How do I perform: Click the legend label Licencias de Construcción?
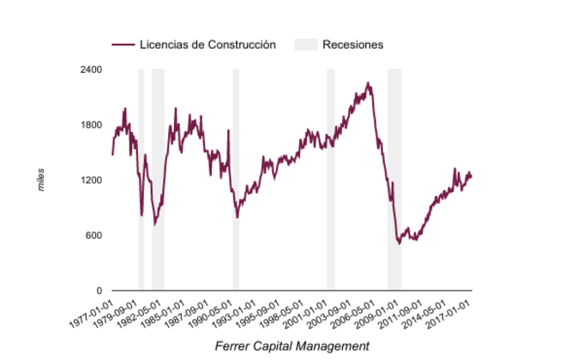(207, 45)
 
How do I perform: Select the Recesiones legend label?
(352, 45)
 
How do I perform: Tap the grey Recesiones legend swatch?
(305, 45)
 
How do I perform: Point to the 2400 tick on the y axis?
(91, 69)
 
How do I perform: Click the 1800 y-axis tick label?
(91, 125)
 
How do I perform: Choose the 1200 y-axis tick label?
(91, 181)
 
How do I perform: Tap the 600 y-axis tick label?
(93, 236)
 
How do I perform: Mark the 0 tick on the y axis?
(99, 291)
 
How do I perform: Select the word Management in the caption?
(337, 346)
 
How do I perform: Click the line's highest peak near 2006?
(368, 83)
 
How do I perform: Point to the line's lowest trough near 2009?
(399, 244)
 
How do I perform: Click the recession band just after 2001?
(330, 180)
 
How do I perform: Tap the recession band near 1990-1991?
(236, 180)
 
